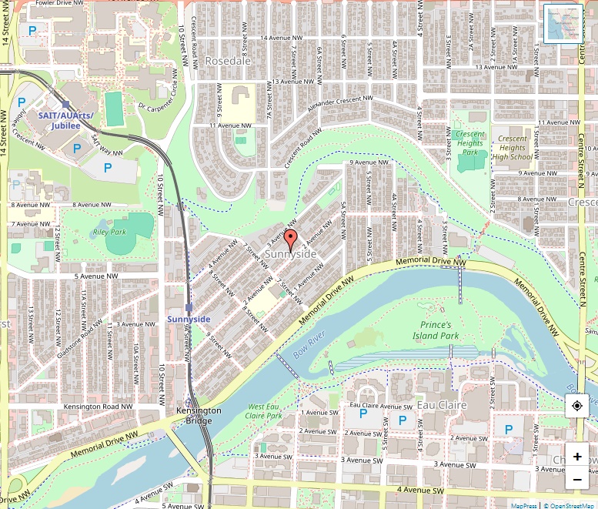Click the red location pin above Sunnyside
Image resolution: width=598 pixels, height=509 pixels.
coord(290,237)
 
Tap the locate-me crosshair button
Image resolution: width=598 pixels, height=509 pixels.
coord(577,406)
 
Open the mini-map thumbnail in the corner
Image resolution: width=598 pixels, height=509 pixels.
coord(563,24)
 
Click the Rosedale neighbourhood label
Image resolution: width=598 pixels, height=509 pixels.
coord(229,61)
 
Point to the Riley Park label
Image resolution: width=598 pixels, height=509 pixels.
coord(109,232)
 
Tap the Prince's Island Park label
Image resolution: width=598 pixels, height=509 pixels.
coord(436,330)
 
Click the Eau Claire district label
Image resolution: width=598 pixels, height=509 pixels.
coord(442,405)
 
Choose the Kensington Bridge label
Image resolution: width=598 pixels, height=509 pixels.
coord(199,416)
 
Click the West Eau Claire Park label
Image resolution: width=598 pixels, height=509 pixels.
coord(266,411)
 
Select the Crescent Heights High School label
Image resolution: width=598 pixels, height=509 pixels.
coord(512,148)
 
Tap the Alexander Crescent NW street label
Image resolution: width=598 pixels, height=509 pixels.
coord(339,105)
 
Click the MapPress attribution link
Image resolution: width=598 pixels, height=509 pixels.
coord(523,505)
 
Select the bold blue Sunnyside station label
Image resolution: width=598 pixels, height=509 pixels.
coord(189,319)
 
